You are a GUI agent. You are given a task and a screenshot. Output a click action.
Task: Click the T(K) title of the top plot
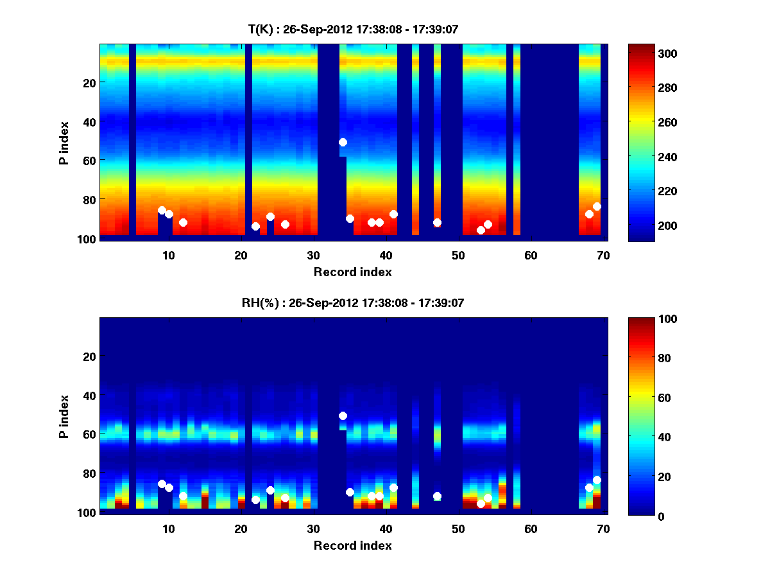353,29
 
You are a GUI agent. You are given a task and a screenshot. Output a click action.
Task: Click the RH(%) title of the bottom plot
353,302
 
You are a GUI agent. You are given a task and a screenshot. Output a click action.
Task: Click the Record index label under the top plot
353,272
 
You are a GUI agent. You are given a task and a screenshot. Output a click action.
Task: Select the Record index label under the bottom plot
353,545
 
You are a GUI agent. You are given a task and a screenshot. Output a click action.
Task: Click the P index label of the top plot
64,143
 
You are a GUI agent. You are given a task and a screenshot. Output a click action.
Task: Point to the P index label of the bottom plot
64,416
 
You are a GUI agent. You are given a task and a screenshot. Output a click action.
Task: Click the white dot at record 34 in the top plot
343,142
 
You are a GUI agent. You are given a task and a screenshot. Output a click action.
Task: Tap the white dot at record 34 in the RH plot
343,416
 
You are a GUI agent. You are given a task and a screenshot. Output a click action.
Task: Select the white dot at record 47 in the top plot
437,222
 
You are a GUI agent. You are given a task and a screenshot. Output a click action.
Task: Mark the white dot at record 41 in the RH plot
393,487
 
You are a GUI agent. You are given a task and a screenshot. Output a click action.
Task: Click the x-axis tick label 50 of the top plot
458,254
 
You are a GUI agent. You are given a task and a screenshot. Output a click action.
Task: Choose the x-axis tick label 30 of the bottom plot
313,528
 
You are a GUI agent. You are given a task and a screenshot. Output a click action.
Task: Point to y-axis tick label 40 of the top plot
89,121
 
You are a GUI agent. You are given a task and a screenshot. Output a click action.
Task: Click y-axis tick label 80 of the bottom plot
89,473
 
